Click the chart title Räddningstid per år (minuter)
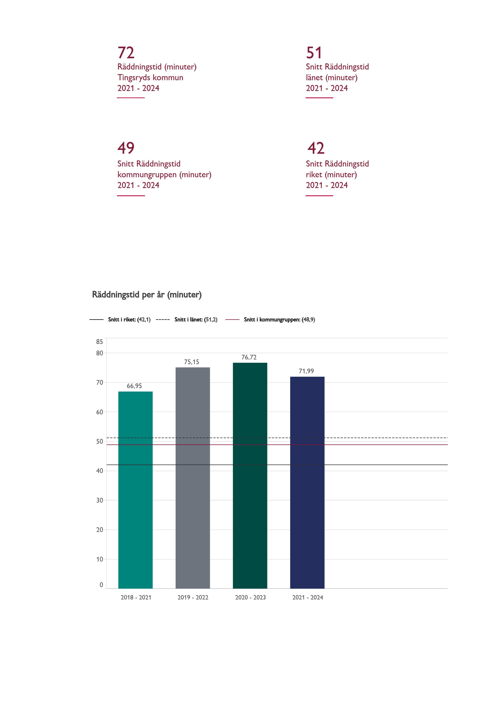pyautogui.click(x=147, y=295)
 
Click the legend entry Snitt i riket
pyautogui.click(x=129, y=320)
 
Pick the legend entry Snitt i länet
pyautogui.click(x=196, y=320)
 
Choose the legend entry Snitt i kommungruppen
pyautogui.click(x=279, y=320)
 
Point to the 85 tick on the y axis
pyautogui.click(x=99, y=342)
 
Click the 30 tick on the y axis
pyautogui.click(x=99, y=500)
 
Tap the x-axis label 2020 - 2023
pyautogui.click(x=250, y=597)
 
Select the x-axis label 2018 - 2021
pyautogui.click(x=136, y=597)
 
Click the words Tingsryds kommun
pyautogui.click(x=150, y=77)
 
